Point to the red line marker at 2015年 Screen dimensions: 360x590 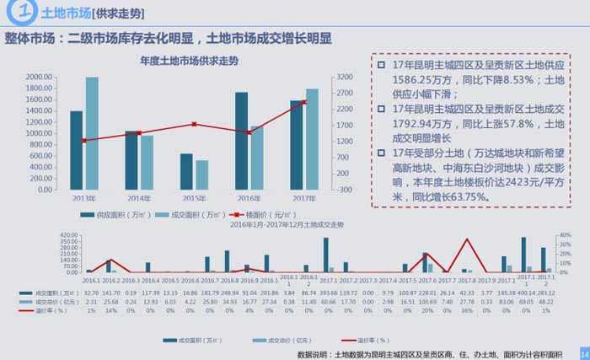[194, 124]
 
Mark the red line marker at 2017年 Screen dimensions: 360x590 [304, 102]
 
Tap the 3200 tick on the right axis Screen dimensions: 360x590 [346, 77]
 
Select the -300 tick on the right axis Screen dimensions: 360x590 [346, 190]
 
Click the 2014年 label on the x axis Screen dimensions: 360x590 [139, 198]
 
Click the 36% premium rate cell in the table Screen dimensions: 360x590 [468, 310]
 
